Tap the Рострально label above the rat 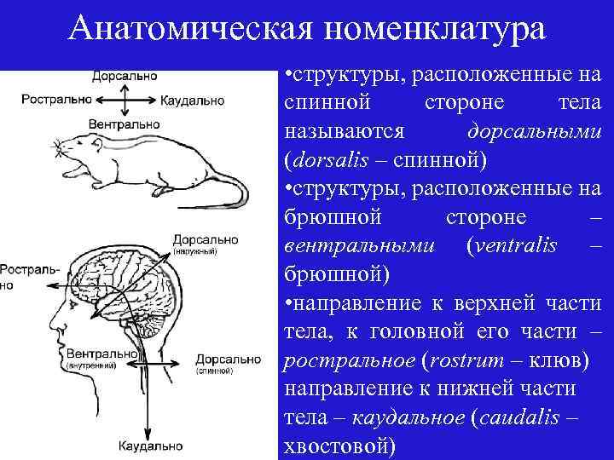[x=55, y=99]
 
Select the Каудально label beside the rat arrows [x=192, y=100]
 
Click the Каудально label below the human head [x=150, y=446]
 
